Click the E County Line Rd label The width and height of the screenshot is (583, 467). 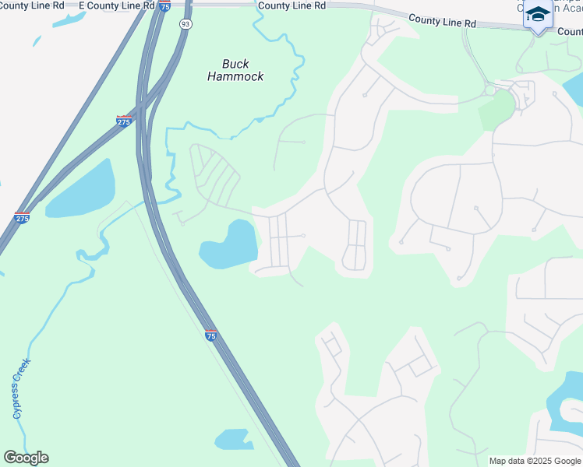[x=117, y=5]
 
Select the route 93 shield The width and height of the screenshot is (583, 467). [x=184, y=24]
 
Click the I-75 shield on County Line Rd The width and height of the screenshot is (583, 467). [x=164, y=6]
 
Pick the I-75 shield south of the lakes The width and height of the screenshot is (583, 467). [x=211, y=335]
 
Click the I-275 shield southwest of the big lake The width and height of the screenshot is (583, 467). [x=22, y=219]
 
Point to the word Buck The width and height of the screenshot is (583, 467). [x=235, y=64]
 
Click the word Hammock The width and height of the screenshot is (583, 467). [x=235, y=76]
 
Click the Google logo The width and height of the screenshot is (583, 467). [x=26, y=458]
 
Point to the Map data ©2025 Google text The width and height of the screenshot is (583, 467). [x=534, y=461]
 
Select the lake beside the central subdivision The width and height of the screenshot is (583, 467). [x=229, y=244]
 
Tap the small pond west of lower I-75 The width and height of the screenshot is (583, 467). [x=233, y=440]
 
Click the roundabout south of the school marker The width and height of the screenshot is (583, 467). [x=489, y=90]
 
